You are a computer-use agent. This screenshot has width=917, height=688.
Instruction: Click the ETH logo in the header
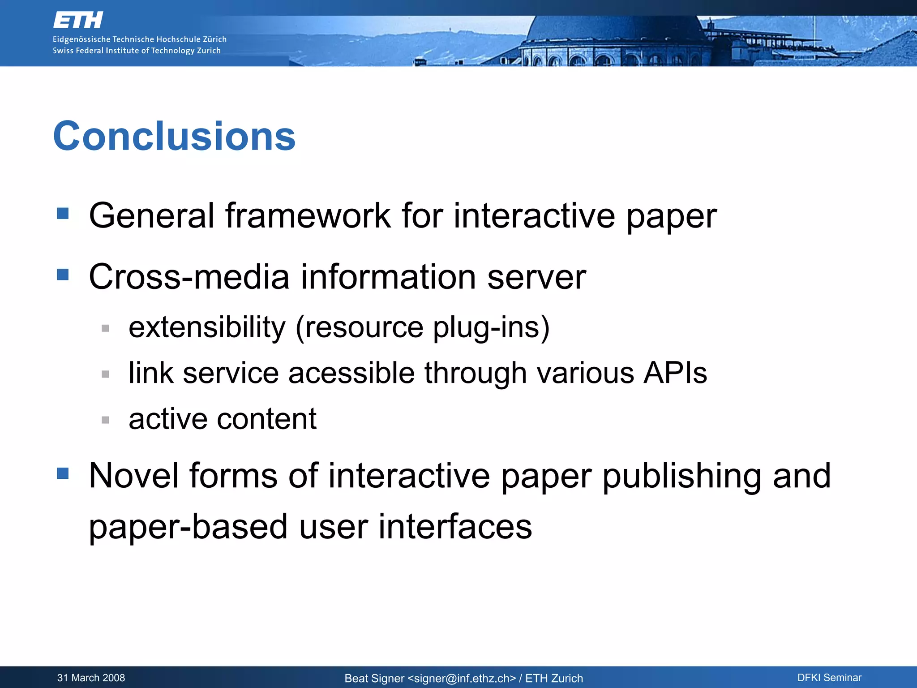tap(78, 20)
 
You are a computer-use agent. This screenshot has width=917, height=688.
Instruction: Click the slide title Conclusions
tap(174, 136)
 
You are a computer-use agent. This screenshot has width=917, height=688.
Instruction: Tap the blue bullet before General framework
tap(63, 213)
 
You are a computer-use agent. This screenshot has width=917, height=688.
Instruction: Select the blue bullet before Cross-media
tap(63, 274)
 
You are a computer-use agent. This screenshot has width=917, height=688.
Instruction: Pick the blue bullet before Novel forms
tap(63, 473)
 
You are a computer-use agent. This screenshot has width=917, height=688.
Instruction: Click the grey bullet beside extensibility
tap(106, 328)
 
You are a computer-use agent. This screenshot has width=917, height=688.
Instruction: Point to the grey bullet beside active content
tap(106, 420)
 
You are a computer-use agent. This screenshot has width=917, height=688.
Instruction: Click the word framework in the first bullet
tap(308, 216)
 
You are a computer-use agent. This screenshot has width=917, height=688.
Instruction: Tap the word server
tap(536, 277)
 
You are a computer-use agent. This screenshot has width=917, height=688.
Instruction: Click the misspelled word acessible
tap(351, 373)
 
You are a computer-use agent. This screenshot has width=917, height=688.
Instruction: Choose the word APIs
tap(675, 373)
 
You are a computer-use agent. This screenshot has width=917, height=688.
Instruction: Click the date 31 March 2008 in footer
tap(91, 678)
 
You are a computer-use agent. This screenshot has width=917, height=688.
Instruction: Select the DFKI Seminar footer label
tap(829, 678)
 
